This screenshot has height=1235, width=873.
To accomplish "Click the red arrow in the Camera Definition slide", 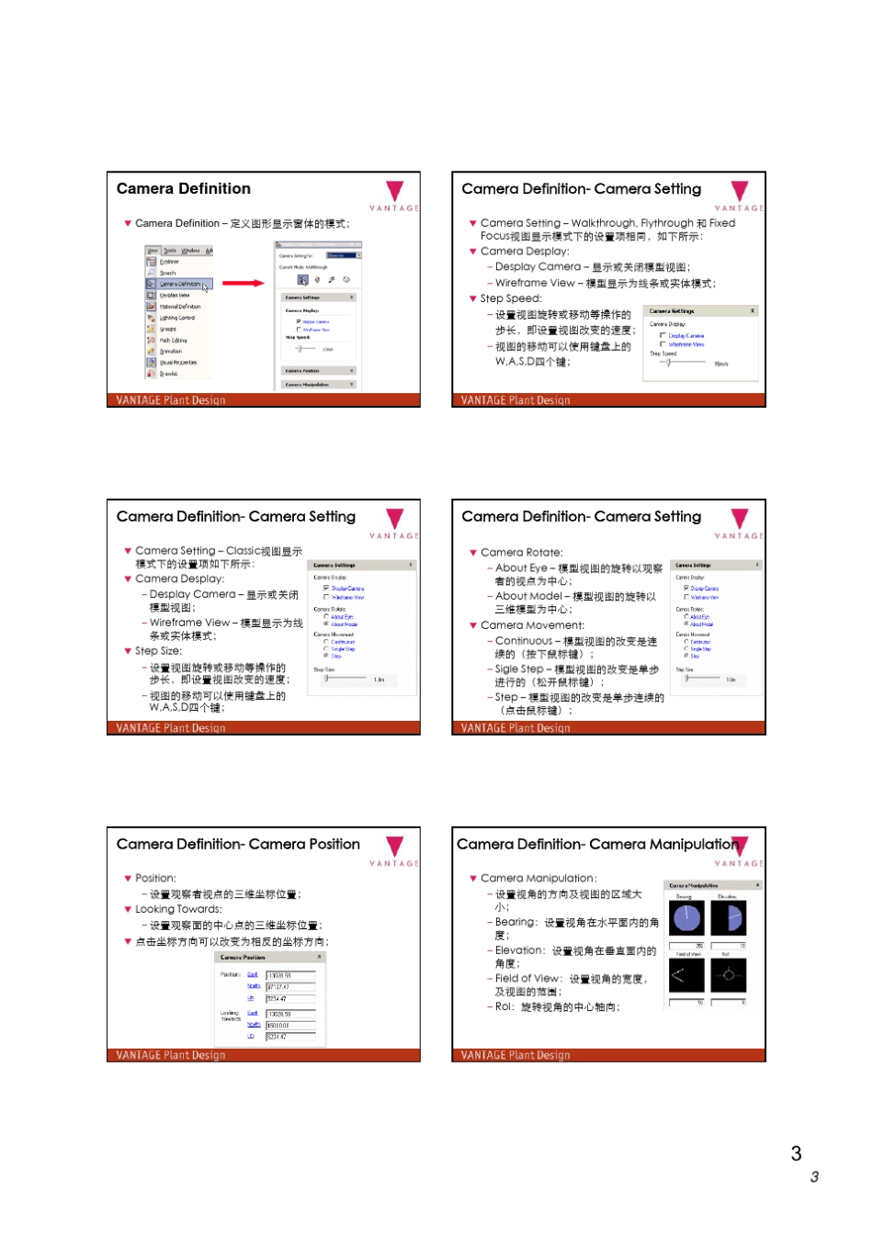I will coord(244,283).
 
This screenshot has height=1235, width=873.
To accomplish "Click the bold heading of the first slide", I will coord(184,189).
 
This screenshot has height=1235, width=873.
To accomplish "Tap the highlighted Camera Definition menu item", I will coord(179,284).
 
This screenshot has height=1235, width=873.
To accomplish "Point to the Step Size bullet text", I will coord(158,651).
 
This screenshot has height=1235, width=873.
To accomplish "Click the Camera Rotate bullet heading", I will coord(521,553).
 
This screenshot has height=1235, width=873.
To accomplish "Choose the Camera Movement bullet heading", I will coord(532,625).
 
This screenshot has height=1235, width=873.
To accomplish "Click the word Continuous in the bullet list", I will coord(524,641).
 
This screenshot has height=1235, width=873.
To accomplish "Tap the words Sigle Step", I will coord(519,669).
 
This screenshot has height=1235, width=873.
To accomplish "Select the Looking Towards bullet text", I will coord(178,909).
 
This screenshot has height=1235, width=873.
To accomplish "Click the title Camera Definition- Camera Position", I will coord(238,845).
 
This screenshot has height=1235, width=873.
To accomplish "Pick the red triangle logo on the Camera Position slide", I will coord(395,846).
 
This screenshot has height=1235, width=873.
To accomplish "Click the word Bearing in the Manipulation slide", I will coord(515,922).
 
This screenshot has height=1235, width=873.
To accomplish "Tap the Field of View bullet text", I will coord(527,979).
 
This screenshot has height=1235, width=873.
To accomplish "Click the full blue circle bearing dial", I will coord(686,917).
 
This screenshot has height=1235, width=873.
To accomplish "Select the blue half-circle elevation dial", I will coord(729,917).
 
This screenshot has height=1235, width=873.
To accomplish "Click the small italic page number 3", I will coord(814,1177).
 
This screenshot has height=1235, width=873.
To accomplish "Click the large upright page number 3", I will coord(796,1154).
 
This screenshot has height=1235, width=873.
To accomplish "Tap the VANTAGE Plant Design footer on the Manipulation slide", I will coord(516,1056).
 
